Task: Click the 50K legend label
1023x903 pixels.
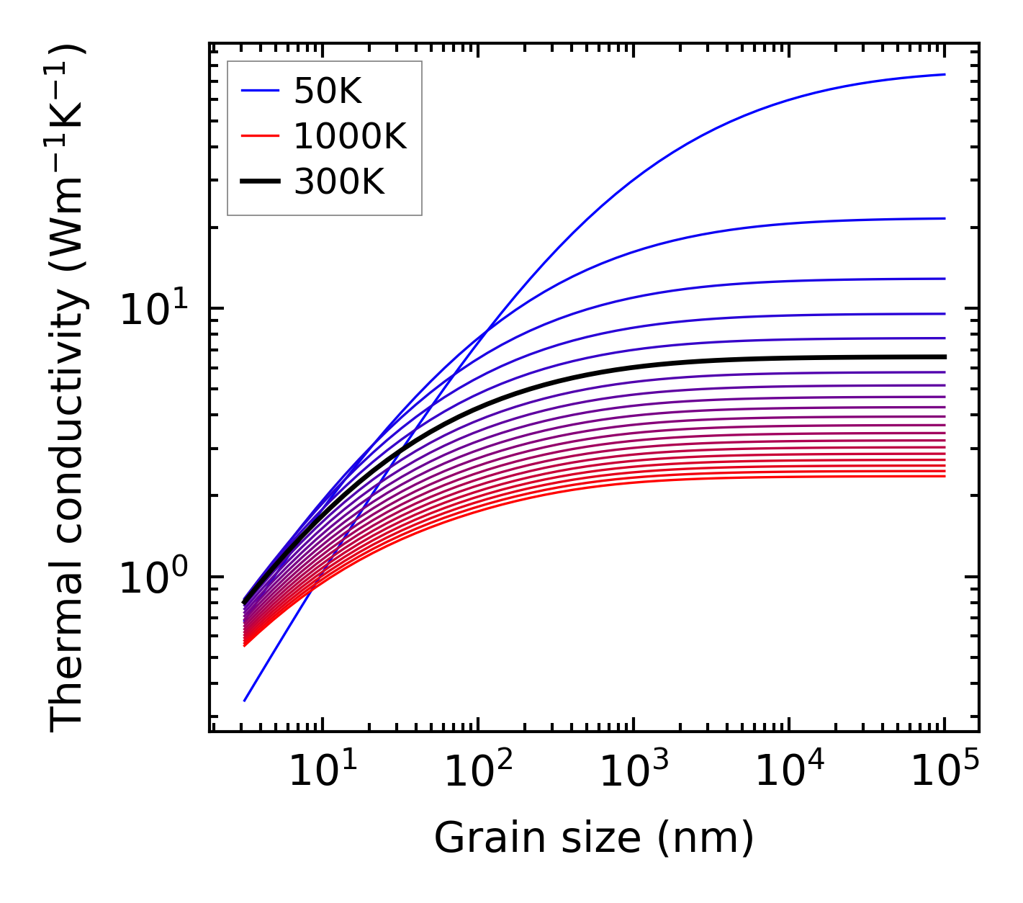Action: (328, 91)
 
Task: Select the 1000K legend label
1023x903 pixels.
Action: (350, 136)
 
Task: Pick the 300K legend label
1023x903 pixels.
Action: (339, 182)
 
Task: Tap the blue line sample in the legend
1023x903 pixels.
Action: (259, 91)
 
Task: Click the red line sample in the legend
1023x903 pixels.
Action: (259, 136)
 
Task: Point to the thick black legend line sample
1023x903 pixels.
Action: (259, 182)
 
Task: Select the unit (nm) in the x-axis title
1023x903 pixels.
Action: (706, 838)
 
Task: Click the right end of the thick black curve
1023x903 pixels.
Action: (944, 356)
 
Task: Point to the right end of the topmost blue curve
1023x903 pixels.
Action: (944, 74)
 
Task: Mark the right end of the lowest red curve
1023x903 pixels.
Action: (944, 476)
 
